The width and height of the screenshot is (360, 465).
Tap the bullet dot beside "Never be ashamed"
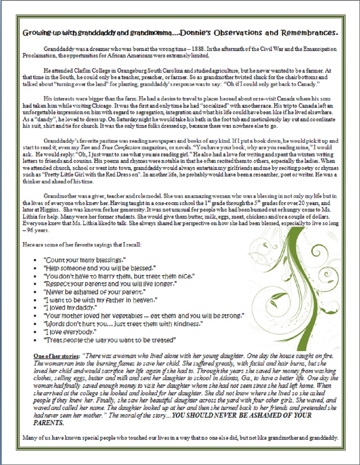(x=36, y=291)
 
